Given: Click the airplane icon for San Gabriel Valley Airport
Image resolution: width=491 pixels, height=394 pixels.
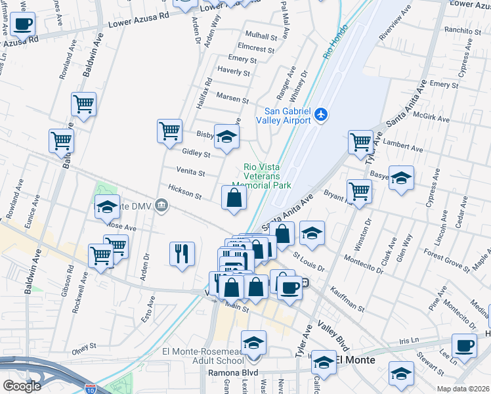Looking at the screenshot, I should [x=321, y=115].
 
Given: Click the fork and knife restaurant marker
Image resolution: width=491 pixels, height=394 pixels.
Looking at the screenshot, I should [x=182, y=253].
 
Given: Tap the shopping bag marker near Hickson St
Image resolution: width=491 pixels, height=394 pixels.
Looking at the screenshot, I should [x=234, y=198].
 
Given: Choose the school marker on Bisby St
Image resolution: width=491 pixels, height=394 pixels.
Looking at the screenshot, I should [x=227, y=137].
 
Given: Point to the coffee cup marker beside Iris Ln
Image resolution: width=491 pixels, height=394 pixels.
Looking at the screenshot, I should [x=465, y=345].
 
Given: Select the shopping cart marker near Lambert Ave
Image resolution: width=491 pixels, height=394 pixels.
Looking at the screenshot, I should [x=360, y=142].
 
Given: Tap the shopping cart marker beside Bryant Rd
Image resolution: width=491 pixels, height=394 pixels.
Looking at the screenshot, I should [x=359, y=191].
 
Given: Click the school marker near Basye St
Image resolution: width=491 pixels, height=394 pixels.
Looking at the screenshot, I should [x=401, y=178].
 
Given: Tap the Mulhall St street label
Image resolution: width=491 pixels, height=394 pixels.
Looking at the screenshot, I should [x=260, y=35].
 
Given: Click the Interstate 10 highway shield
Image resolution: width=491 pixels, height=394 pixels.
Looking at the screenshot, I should [x=89, y=390].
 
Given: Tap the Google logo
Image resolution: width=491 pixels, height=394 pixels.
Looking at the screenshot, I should [x=22, y=386].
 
